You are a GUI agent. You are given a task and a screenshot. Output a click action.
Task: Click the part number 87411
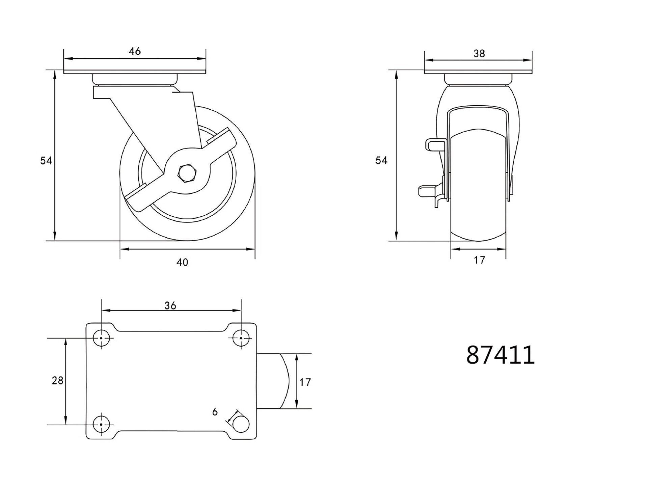pos(500,355)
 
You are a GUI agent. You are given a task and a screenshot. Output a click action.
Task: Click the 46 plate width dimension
pos(135,51)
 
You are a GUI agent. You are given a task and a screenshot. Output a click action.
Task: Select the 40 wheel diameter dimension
pos(182,262)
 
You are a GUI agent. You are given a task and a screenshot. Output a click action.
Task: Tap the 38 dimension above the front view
pos(479,53)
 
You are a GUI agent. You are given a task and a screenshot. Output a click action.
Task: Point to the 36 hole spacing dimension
pos(170,305)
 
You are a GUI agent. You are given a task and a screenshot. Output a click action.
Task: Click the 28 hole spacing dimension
pos(58,381)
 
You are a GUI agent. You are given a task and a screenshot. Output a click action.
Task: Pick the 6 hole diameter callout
pos(215,412)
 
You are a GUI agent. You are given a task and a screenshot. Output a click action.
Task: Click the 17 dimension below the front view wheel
pos(479,260)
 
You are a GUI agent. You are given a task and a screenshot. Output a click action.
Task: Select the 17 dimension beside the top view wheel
pos(305,382)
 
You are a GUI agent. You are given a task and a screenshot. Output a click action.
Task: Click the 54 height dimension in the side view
pos(46,161)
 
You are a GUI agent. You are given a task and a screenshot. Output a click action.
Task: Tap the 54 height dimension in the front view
pos(381,161)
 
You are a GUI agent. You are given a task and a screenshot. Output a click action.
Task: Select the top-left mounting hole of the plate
pos(101,338)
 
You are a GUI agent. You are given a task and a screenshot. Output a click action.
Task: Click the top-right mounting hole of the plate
pos(241,338)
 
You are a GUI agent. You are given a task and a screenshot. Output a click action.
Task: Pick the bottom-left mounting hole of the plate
pos(101,424)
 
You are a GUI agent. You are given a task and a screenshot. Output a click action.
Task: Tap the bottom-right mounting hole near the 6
pos(241,424)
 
